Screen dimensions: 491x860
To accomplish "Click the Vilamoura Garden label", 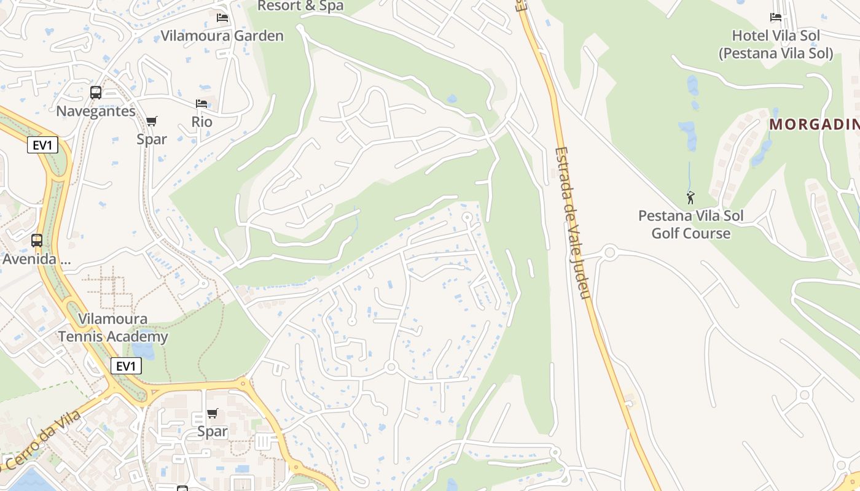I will [x=222, y=36].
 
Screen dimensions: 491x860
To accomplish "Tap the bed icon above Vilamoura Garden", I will [x=222, y=18].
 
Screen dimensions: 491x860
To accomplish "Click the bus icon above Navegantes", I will [x=96, y=93].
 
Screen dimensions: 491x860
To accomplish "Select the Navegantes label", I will [x=96, y=111].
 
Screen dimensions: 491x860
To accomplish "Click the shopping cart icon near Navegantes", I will [x=152, y=121].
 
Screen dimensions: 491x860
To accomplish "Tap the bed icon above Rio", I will [x=201, y=104].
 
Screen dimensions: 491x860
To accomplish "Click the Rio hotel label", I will [x=201, y=122].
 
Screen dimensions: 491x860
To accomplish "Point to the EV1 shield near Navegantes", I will [x=42, y=145].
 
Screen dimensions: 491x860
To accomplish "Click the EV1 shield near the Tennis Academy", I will [x=126, y=366].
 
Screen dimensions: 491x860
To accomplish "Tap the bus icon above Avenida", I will [x=37, y=241].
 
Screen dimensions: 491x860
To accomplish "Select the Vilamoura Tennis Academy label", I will [x=113, y=328].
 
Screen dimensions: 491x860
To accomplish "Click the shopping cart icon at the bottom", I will [x=213, y=413].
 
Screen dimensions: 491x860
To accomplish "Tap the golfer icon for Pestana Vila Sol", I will [x=690, y=198].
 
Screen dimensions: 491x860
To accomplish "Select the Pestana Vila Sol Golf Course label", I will [x=690, y=225].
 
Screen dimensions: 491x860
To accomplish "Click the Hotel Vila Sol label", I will [x=776, y=44].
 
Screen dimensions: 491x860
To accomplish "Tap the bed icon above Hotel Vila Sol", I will [x=776, y=18].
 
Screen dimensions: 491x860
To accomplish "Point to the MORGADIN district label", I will [x=814, y=125].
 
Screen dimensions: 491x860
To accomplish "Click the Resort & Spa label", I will [x=300, y=6].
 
